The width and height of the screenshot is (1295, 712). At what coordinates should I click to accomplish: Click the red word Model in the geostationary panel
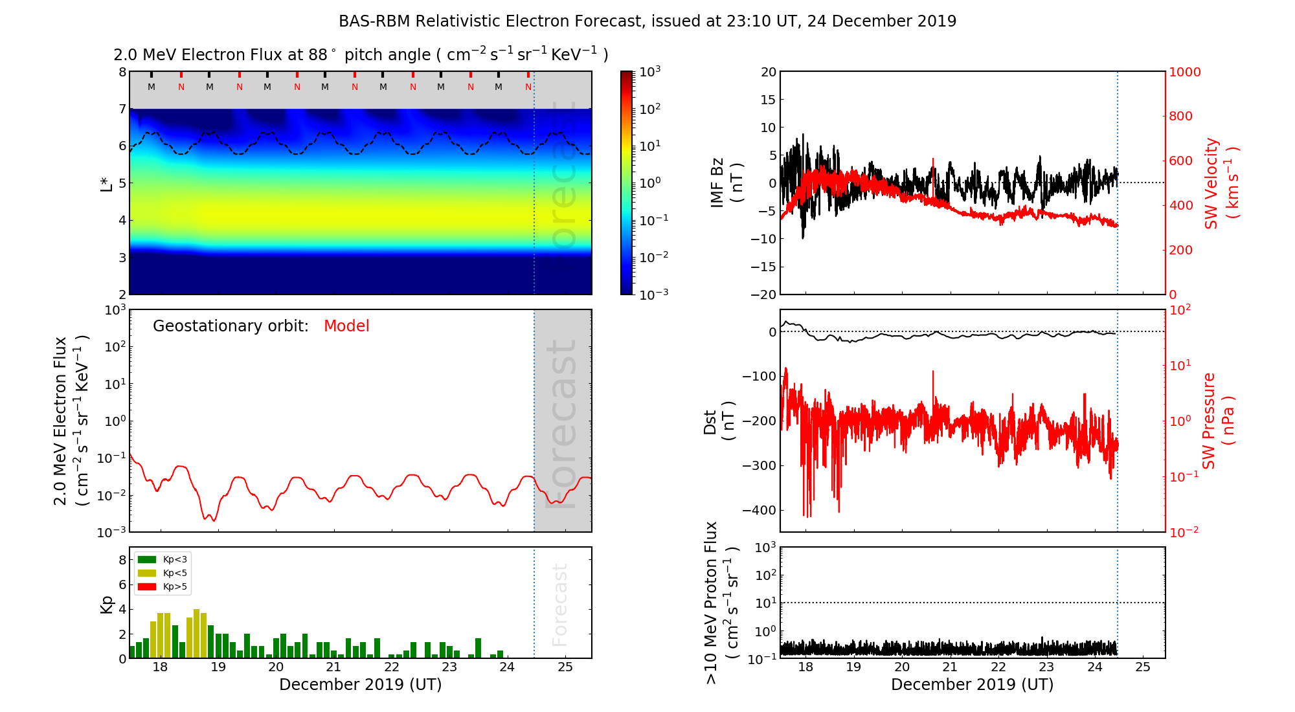click(346, 326)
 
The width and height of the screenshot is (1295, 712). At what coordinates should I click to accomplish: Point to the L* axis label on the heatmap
click(107, 183)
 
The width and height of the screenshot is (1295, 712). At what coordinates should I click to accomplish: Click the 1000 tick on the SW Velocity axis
click(1184, 72)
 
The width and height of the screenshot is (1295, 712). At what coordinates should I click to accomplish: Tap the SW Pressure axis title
click(1218, 421)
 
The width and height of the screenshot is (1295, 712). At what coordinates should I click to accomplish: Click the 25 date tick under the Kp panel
click(565, 667)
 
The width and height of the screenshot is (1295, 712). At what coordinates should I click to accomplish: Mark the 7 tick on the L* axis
click(122, 109)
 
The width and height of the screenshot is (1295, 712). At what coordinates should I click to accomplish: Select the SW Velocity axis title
click(1221, 183)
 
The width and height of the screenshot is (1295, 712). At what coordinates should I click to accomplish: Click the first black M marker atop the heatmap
click(152, 87)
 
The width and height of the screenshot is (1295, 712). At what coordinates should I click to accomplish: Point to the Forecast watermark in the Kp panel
click(559, 605)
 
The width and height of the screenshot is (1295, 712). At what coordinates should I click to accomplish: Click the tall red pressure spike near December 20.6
click(933, 373)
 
